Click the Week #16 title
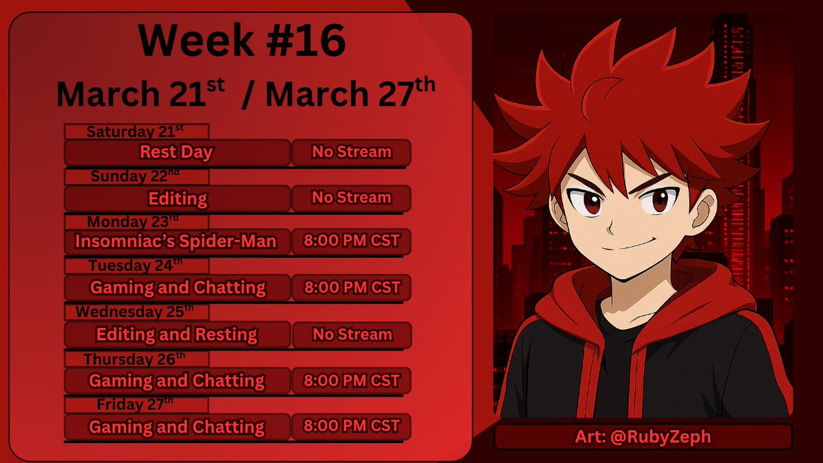(242, 43)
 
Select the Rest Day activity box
(177, 152)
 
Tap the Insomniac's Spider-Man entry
(177, 241)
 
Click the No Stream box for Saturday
(351, 152)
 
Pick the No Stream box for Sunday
(351, 198)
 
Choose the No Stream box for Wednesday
(352, 335)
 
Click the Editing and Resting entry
(177, 335)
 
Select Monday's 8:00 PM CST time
(351, 241)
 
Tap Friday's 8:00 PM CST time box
(351, 426)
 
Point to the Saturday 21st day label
(136, 131)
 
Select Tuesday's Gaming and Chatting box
(177, 287)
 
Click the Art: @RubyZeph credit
(643, 437)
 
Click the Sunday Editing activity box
(177, 198)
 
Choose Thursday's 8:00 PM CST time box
(351, 381)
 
